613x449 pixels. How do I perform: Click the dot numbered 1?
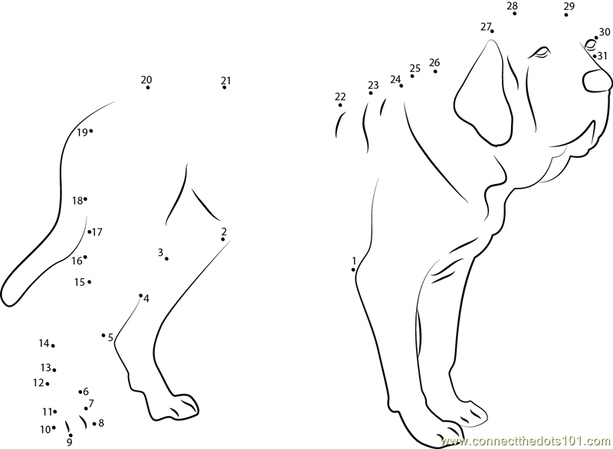[353, 270]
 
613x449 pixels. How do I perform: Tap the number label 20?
[146, 80]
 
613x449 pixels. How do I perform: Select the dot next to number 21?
[225, 87]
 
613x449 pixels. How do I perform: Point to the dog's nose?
[598, 81]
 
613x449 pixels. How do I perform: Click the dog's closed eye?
[540, 52]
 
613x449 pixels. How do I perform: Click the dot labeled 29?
[566, 15]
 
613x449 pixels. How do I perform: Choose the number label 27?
[486, 27]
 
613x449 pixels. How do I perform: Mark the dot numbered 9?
[70, 435]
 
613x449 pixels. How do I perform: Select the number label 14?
[44, 343]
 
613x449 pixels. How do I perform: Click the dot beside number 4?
[141, 296]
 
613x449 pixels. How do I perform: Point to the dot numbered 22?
[340, 105]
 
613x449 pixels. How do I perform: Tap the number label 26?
[434, 62]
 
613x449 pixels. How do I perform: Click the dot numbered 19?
[91, 131]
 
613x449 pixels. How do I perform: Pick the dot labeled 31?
[595, 56]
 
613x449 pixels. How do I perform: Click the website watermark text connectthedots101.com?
[526, 441]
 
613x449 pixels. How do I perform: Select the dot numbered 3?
[166, 259]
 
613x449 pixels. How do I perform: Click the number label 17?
[97, 232]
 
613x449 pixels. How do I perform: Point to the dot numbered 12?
[48, 384]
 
